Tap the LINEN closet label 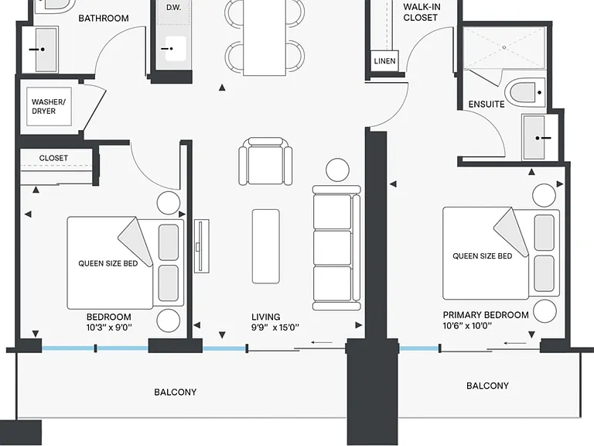[384, 61]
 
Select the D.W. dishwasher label [173, 8]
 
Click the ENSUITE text [486, 105]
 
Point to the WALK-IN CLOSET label [421, 12]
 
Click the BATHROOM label [104, 19]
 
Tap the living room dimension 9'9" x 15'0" [275, 328]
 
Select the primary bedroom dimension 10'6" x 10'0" [467, 326]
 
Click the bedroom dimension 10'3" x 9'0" [109, 328]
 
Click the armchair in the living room [265, 161]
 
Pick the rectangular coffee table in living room [266, 246]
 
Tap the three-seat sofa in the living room [336, 248]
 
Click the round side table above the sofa [337, 170]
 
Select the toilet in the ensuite [525, 92]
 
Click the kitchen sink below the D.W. [176, 49]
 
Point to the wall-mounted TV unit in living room [202, 245]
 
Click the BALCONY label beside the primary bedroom [487, 386]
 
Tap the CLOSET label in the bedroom [53, 158]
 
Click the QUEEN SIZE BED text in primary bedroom [483, 256]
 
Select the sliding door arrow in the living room [322, 343]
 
